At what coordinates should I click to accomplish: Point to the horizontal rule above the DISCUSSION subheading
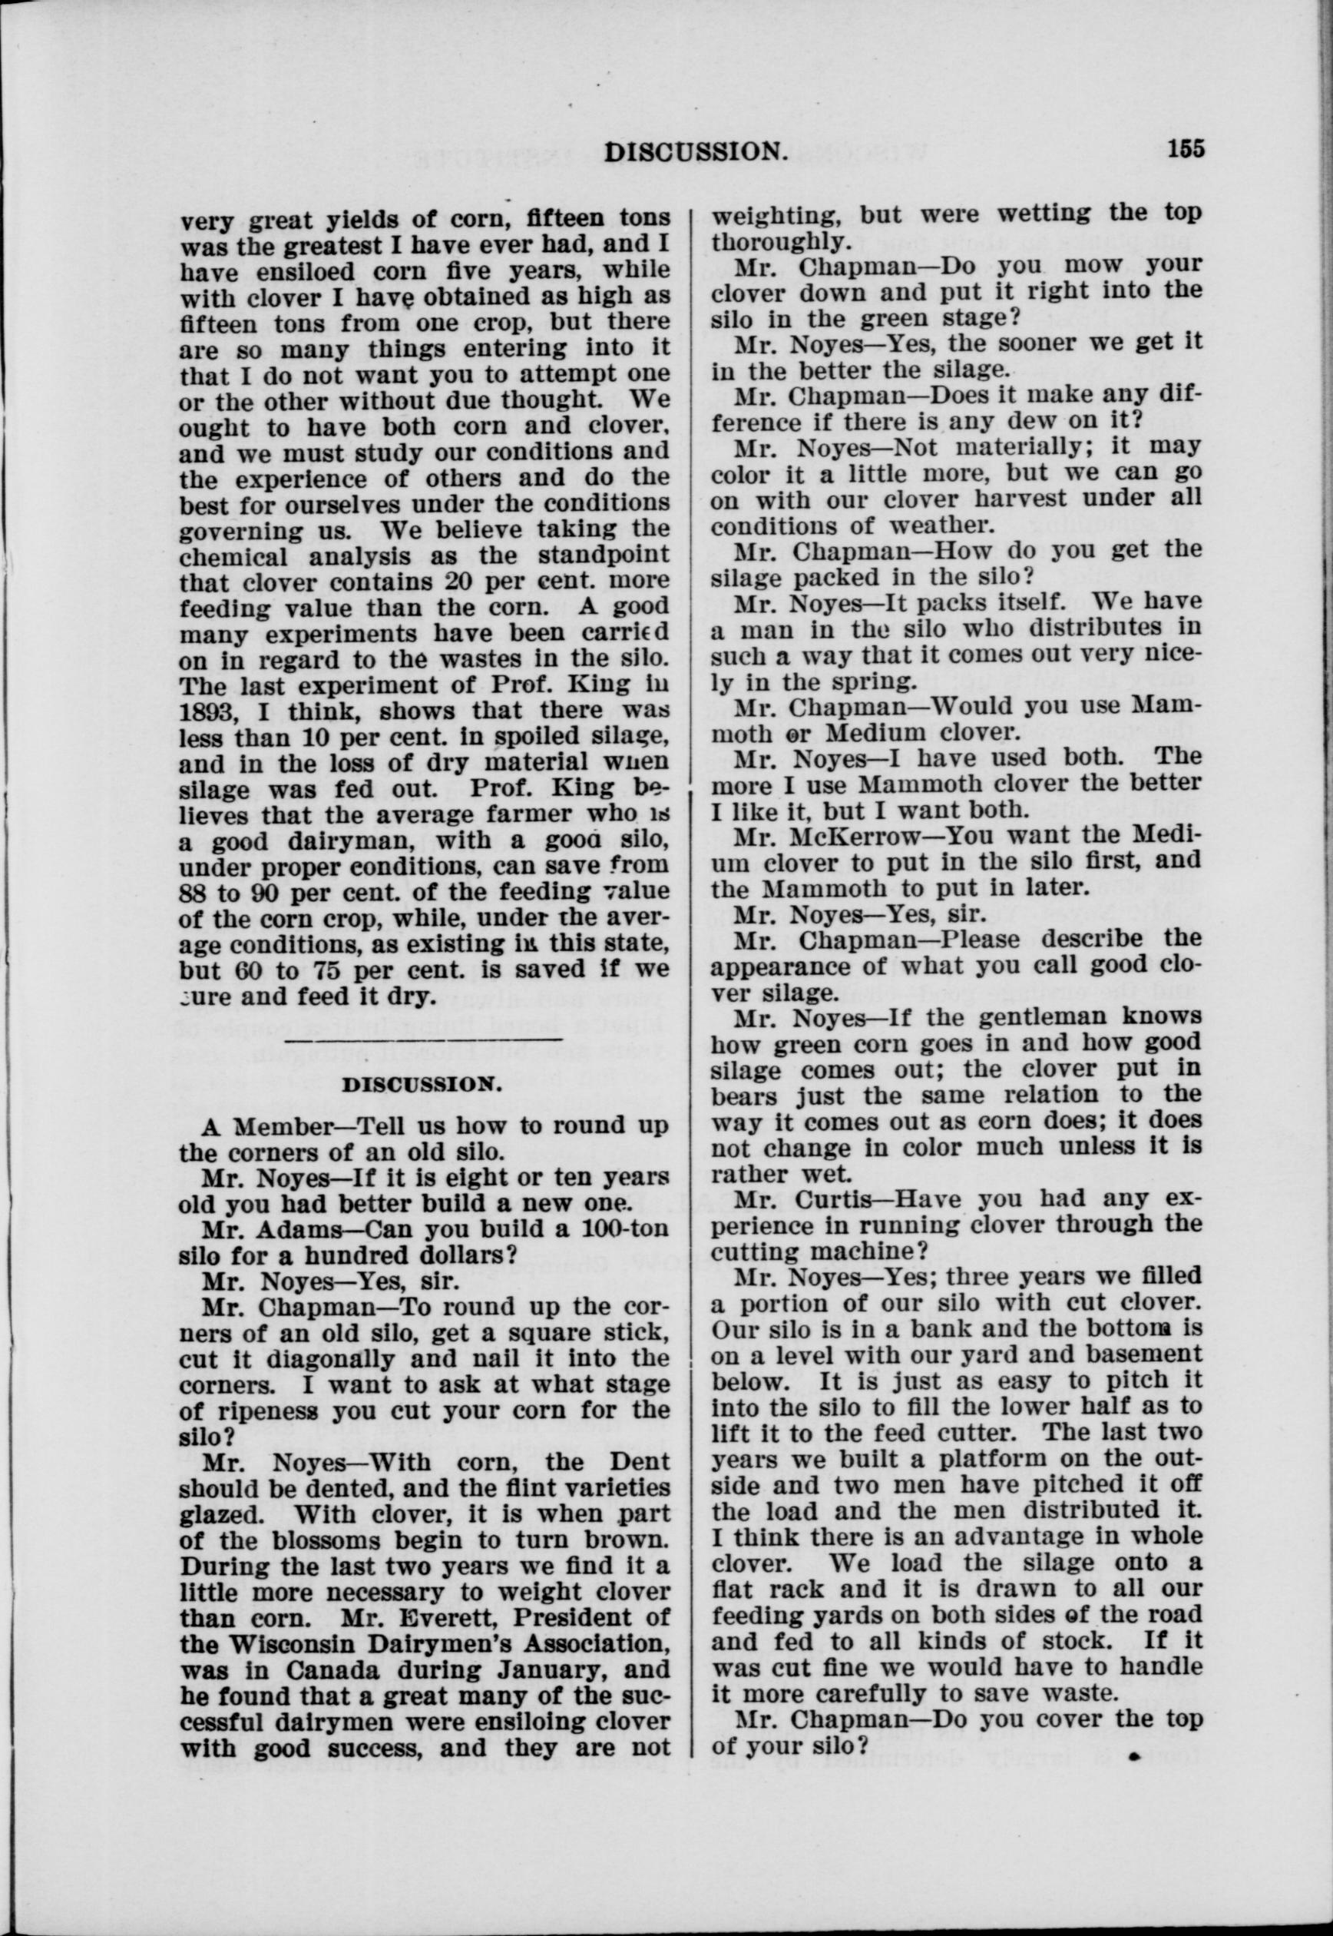pyautogui.click(x=423, y=1040)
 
